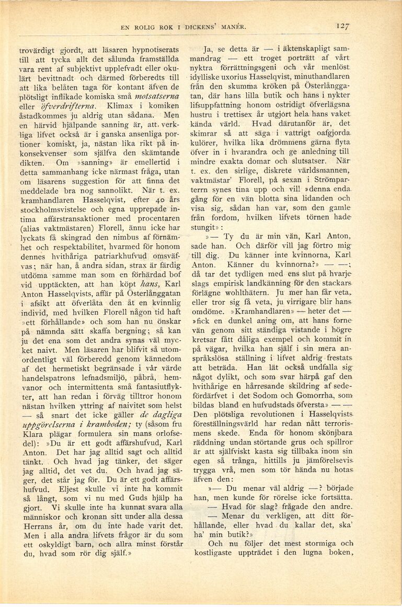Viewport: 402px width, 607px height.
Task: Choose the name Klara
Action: (30, 464)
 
